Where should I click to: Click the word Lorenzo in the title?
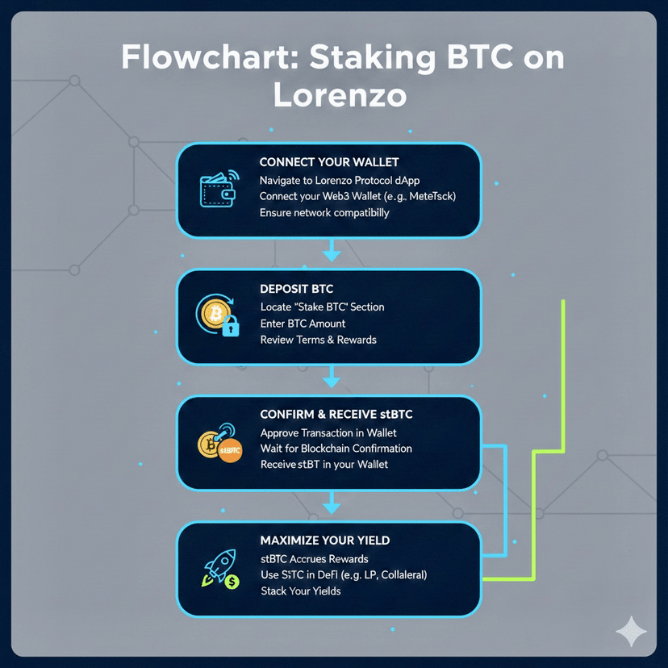coord(339,95)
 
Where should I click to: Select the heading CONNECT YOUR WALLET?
coord(329,162)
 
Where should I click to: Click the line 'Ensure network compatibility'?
coord(324,213)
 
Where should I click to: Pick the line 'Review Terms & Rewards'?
coord(318,340)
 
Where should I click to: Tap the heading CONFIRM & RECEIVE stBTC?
coord(336,414)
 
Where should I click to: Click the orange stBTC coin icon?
coord(230,450)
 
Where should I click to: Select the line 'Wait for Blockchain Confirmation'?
coord(336,448)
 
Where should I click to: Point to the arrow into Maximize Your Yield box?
coord(331,506)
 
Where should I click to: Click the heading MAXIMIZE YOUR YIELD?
coord(336,540)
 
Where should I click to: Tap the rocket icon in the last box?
coord(218,568)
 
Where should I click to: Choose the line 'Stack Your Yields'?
coord(300,591)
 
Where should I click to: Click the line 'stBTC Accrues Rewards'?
coord(314,558)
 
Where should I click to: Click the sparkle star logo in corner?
coord(629,630)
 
